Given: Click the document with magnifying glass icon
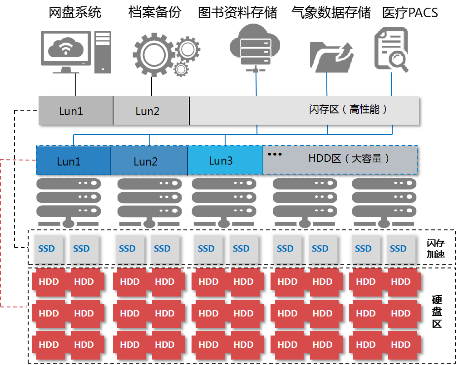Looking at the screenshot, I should tap(390, 49).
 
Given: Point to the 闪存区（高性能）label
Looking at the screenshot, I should tap(349, 109).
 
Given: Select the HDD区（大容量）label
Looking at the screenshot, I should tap(349, 159).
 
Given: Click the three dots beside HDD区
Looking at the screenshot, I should tap(275, 155).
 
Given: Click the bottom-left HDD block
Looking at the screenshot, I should tap(49, 345).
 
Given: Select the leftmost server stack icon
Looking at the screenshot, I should tap(69, 202).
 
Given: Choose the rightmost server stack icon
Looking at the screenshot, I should tap(384, 202).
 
